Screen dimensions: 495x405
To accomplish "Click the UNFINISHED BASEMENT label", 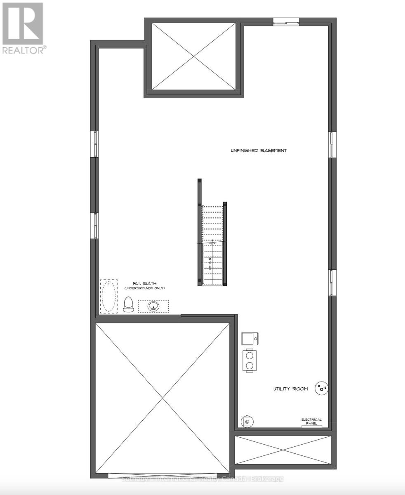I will (x=258, y=151).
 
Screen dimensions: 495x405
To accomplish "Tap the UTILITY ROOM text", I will (x=291, y=389).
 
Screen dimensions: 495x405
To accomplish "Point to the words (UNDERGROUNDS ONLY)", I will (x=141, y=288).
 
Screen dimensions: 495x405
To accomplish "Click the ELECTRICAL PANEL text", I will (x=311, y=422).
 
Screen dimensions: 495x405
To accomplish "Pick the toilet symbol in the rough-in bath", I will (x=128, y=304).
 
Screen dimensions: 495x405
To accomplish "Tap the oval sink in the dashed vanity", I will (x=153, y=306).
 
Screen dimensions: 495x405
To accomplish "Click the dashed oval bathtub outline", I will (x=108, y=296).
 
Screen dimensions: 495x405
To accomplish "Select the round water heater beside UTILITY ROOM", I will (x=321, y=388).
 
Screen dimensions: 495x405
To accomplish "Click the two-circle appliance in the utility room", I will (x=250, y=360).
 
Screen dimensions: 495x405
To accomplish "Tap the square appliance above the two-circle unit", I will (x=250, y=339).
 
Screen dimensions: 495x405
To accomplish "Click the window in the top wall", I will (x=286, y=21).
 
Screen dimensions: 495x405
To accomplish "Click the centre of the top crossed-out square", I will (x=193, y=57).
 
